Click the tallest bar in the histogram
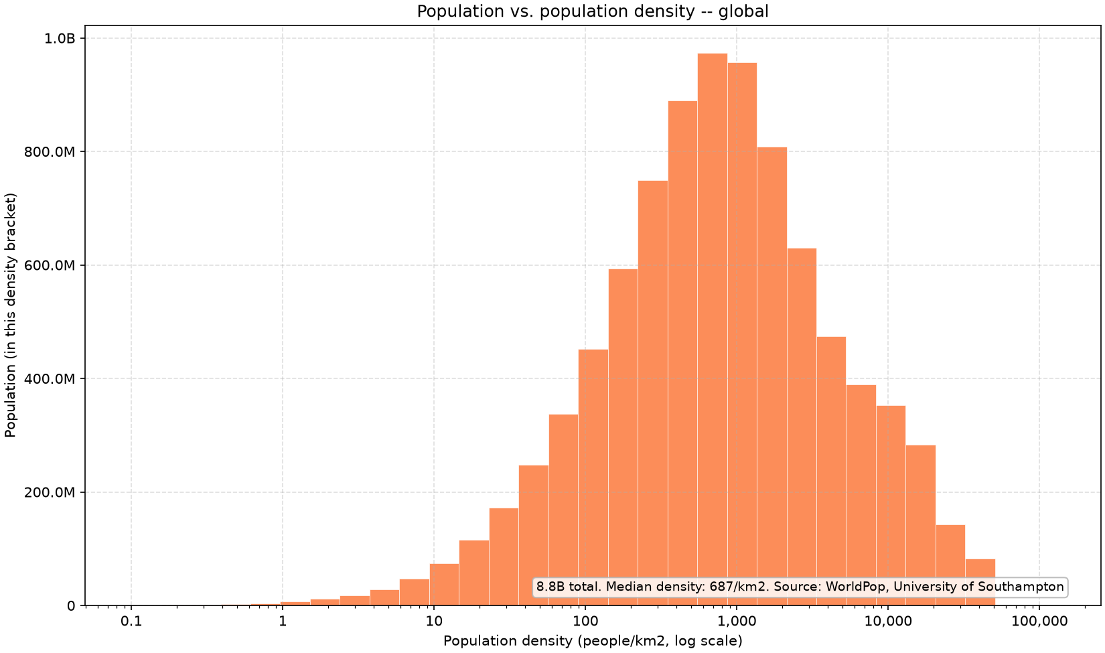tap(713, 330)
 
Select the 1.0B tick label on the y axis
tap(60, 38)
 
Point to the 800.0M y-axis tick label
tap(50, 152)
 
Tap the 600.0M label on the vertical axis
tap(50, 265)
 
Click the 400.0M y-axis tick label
tap(50, 379)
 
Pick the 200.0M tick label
tap(50, 492)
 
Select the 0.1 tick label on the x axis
tap(131, 620)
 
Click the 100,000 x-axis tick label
tap(1039, 621)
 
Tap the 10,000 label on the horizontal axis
tap(888, 621)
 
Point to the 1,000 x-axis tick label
tap(737, 621)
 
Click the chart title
tap(593, 11)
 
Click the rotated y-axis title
tap(10, 315)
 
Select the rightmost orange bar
tap(980, 583)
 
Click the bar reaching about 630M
tap(802, 427)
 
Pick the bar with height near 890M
tap(682, 353)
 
